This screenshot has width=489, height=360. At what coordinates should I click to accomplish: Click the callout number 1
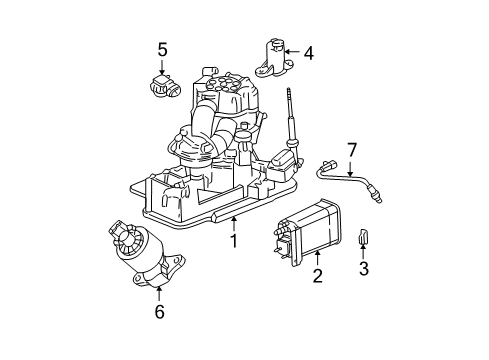(x=233, y=241)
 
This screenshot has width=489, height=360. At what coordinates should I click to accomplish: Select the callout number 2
(x=318, y=275)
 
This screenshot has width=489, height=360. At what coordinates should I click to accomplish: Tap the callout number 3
(x=364, y=267)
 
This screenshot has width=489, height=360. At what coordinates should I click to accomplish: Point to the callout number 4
(x=308, y=53)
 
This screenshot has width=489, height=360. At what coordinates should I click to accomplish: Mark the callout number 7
(x=351, y=150)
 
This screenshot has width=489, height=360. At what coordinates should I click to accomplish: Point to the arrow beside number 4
(x=292, y=52)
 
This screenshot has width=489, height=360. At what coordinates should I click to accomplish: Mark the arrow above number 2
(x=318, y=259)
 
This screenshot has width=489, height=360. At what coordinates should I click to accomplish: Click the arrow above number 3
(x=364, y=252)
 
